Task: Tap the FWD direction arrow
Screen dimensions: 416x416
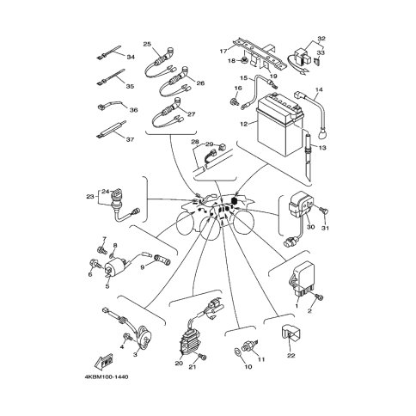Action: pyautogui.click(x=103, y=362)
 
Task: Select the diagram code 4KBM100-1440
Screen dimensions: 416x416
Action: pyautogui.click(x=107, y=376)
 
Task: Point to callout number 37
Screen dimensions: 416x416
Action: pyautogui.click(x=130, y=139)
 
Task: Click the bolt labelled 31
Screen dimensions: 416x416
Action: pyautogui.click(x=325, y=212)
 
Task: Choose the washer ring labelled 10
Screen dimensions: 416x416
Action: pyautogui.click(x=238, y=352)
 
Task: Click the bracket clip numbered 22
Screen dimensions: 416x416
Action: pyautogui.click(x=290, y=333)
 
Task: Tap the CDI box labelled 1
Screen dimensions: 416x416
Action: pyautogui.click(x=303, y=278)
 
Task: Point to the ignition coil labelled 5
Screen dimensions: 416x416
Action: pyautogui.click(x=113, y=268)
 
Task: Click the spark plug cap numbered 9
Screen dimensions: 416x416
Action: pyautogui.click(x=162, y=259)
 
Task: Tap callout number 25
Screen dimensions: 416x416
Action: pyautogui.click(x=147, y=44)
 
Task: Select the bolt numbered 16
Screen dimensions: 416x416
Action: pyautogui.click(x=234, y=101)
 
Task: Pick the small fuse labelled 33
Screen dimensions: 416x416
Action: pyautogui.click(x=318, y=61)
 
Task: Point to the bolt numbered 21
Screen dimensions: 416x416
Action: pyautogui.click(x=202, y=357)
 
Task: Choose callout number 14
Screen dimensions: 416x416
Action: pyautogui.click(x=319, y=90)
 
